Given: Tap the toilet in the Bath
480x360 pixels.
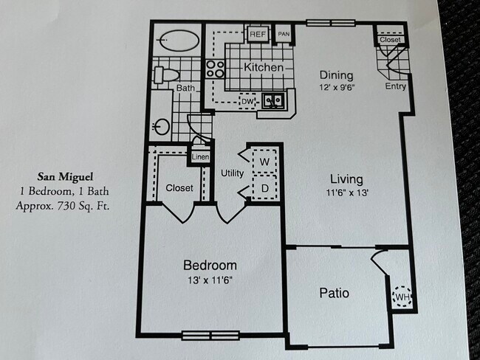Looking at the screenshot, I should coord(166,75).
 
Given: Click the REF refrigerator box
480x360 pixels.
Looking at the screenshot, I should coord(258,34).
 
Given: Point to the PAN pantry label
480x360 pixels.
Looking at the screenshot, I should coord(283,34).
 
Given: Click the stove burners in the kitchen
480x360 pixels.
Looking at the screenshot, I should coord(215,69).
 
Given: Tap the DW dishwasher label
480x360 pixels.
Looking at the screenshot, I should coord(247,101).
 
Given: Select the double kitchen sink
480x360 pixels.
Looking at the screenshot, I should coord(275,101).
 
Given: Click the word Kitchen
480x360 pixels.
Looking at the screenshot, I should coord(264,68).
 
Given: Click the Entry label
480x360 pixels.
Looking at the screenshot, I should coord(396,86).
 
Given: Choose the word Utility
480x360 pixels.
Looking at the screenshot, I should coord(233,173).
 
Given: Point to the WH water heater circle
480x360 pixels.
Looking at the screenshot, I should coord(402,297).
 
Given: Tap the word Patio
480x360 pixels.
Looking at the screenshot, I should coord(335,293).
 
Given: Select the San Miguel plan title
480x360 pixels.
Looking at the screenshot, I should coord(66,177).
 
